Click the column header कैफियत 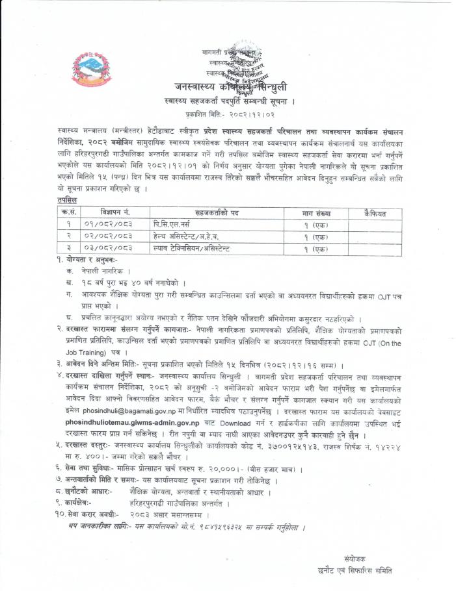pos(375,213)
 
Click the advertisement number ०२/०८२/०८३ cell pos(108,236)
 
